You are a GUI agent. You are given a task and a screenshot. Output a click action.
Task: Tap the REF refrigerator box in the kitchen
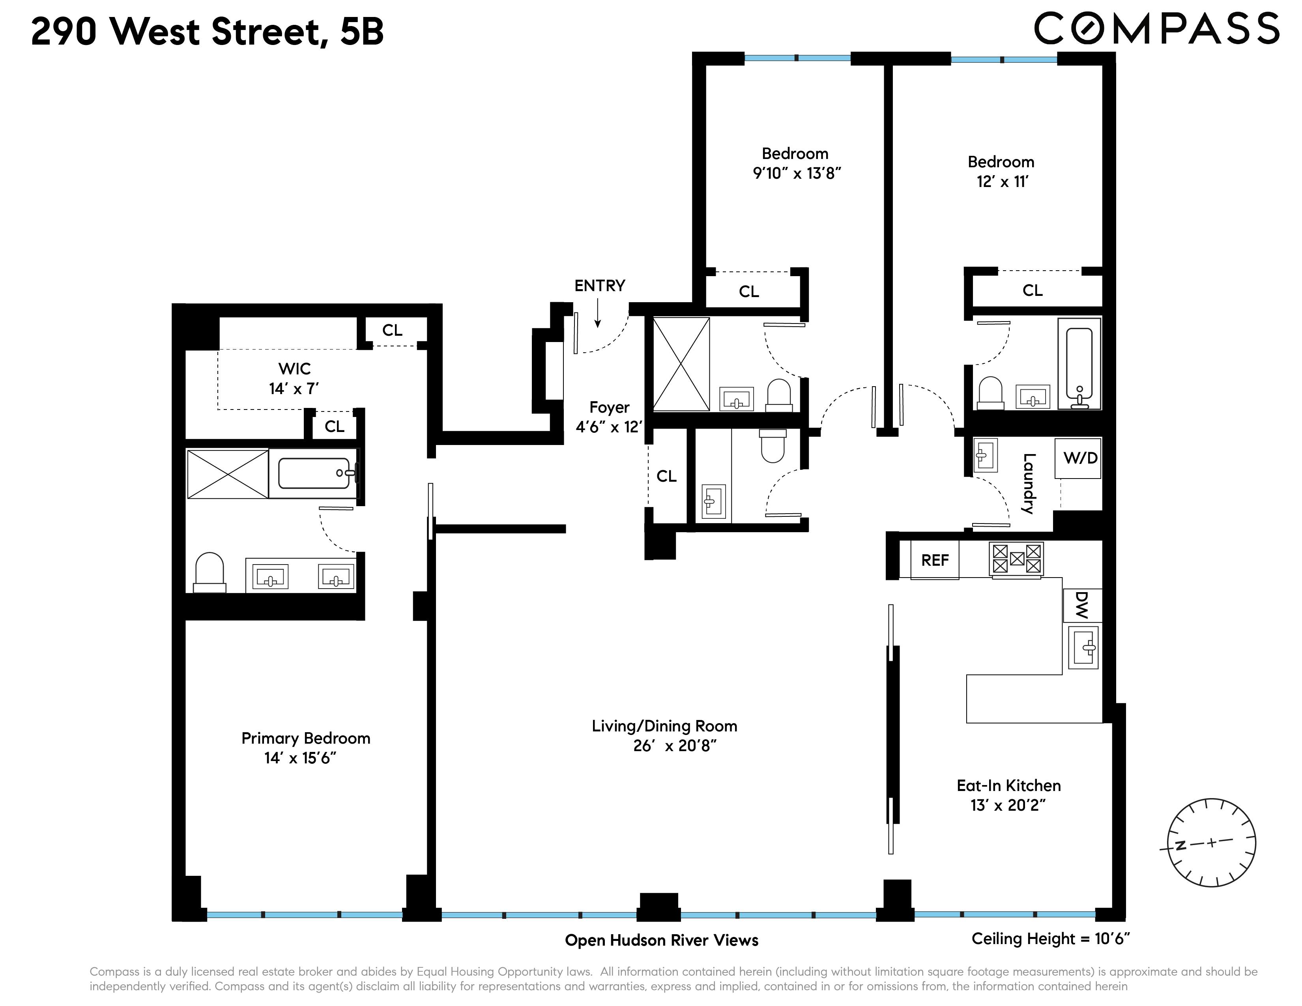coord(934,560)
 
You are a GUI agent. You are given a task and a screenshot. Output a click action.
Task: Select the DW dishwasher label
coord(1082,606)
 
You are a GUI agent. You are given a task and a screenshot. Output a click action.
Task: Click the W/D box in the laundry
coord(1080,458)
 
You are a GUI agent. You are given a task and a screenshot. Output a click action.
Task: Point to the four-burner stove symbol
coord(1016,558)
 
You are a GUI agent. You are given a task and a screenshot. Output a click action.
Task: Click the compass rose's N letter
coord(1179,845)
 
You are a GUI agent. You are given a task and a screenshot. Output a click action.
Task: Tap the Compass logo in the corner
coord(1156,29)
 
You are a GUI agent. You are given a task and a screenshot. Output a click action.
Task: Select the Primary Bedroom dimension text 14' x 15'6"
coord(301,758)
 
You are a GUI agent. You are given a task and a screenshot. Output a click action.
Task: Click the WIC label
coord(294,368)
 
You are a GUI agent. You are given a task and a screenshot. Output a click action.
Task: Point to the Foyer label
coord(609,408)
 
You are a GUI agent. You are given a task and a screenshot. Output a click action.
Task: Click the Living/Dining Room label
coord(664,726)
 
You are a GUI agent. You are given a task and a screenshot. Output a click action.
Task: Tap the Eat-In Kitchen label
coord(1008,785)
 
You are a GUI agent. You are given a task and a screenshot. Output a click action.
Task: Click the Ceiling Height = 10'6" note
coord(1050,939)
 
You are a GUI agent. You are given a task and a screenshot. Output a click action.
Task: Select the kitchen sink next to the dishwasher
coord(1083,647)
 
